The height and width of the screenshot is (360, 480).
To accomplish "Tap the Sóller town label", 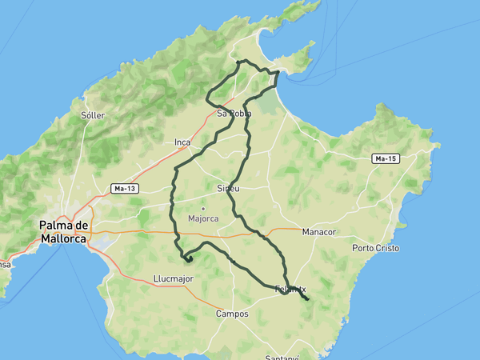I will pyautogui.click(x=93, y=115).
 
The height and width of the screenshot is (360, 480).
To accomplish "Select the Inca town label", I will pyautogui.click(x=182, y=142).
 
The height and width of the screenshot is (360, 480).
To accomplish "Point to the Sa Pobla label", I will pyautogui.click(x=234, y=114).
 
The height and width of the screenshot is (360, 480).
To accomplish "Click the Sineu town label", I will pyautogui.click(x=228, y=188).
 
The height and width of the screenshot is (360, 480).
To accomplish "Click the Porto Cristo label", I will pyautogui.click(x=375, y=248).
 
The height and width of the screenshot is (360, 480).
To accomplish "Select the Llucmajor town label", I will pyautogui.click(x=174, y=278).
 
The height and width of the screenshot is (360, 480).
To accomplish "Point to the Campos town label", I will pyautogui.click(x=232, y=314).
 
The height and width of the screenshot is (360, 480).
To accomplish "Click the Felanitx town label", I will pyautogui.click(x=290, y=289).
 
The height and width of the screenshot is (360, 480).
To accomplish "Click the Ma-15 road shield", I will pyautogui.click(x=386, y=159).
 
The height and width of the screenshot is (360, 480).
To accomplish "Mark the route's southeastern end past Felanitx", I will pyautogui.click(x=308, y=300).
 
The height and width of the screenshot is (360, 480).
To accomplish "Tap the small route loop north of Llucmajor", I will pyautogui.click(x=188, y=258).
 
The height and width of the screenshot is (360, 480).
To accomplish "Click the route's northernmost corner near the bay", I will pyautogui.click(x=239, y=61).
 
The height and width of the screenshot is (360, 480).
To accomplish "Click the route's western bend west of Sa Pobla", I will pyautogui.click(x=207, y=99).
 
